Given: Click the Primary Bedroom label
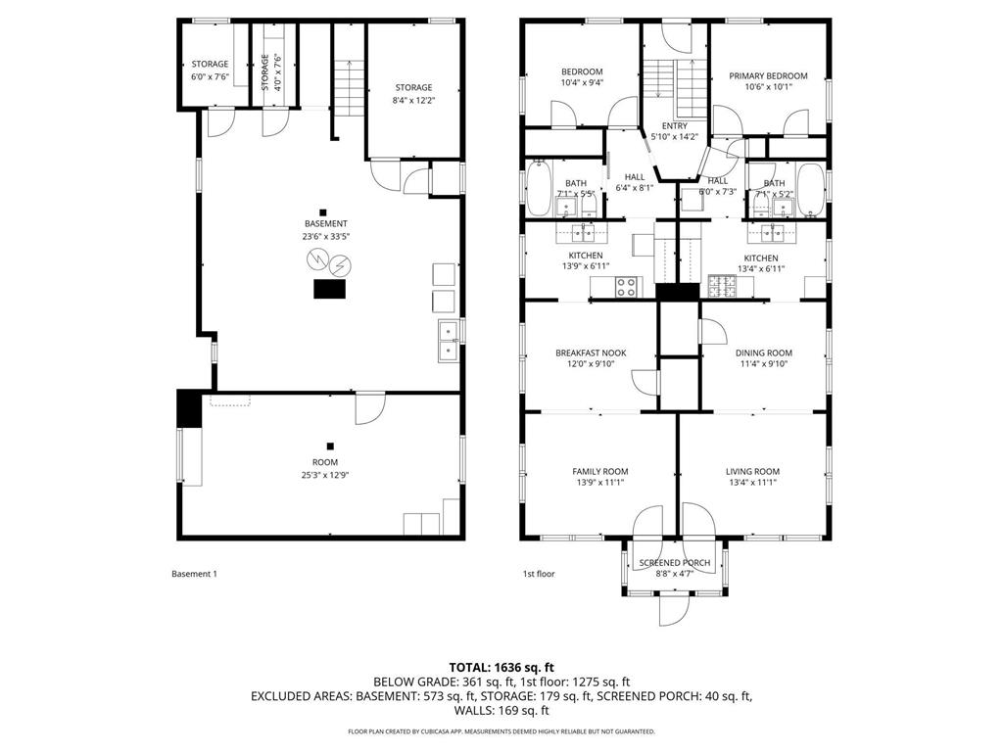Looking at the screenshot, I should [768, 76].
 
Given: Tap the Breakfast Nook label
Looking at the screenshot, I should [591, 353].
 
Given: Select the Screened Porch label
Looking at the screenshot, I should [674, 563].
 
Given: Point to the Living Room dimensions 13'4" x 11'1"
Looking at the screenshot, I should [752, 482].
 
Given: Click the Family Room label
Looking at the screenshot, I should [599, 471].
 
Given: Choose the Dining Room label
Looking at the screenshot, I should [764, 353].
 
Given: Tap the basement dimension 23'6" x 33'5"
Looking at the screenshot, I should [325, 236].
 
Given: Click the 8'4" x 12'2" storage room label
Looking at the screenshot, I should [413, 100].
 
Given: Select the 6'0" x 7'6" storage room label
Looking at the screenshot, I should [210, 76].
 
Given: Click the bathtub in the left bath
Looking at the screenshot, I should [540, 189].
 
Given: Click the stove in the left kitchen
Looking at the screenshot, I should [625, 287].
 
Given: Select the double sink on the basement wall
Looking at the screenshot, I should [447, 339].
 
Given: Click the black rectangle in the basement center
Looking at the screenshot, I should [329, 289].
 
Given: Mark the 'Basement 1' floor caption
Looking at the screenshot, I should [194, 574].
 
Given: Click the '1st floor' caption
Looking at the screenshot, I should [538, 574].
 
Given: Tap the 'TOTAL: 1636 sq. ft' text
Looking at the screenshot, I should [501, 667].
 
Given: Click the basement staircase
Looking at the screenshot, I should [346, 83].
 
